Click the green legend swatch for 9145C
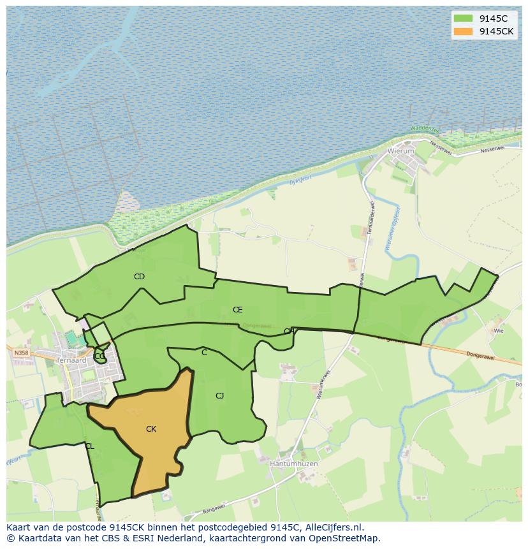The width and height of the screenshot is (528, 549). click(x=464, y=18)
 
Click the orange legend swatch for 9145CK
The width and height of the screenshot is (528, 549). click(x=464, y=31)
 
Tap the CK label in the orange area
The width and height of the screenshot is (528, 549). click(x=151, y=429)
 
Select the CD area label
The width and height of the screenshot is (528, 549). click(x=139, y=277)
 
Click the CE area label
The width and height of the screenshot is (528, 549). click(x=237, y=310)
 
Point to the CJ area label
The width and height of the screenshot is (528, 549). click(x=219, y=396)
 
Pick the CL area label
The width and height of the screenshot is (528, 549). click(x=89, y=446)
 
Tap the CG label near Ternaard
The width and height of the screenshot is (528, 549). click(x=99, y=356)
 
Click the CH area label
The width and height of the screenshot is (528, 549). click(x=289, y=332)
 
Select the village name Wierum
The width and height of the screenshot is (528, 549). click(x=401, y=152)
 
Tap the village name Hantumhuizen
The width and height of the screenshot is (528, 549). click(x=293, y=464)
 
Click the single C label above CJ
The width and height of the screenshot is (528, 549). click(x=204, y=353)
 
